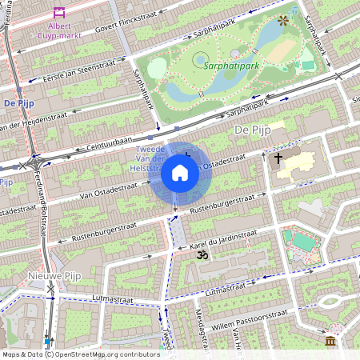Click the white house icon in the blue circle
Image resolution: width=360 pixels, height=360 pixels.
tap(180, 173)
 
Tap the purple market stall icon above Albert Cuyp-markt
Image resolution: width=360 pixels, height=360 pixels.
tap(58, 13)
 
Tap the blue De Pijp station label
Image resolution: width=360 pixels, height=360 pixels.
tap(18, 103)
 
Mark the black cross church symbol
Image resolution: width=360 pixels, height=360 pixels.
tap(278, 158)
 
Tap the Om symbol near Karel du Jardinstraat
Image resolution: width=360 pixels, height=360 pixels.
tap(202, 254)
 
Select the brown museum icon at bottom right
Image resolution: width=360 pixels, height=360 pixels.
tap(330, 342)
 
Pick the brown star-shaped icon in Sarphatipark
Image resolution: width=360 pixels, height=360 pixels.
tap(282, 20)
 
